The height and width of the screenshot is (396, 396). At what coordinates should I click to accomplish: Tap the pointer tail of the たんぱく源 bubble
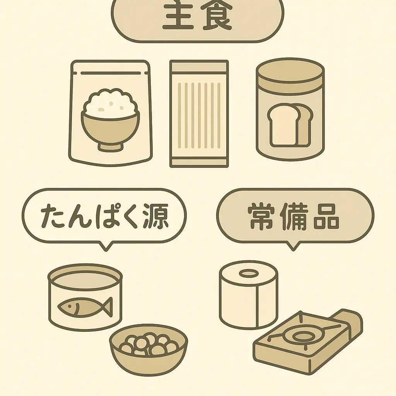(x=105, y=246)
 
